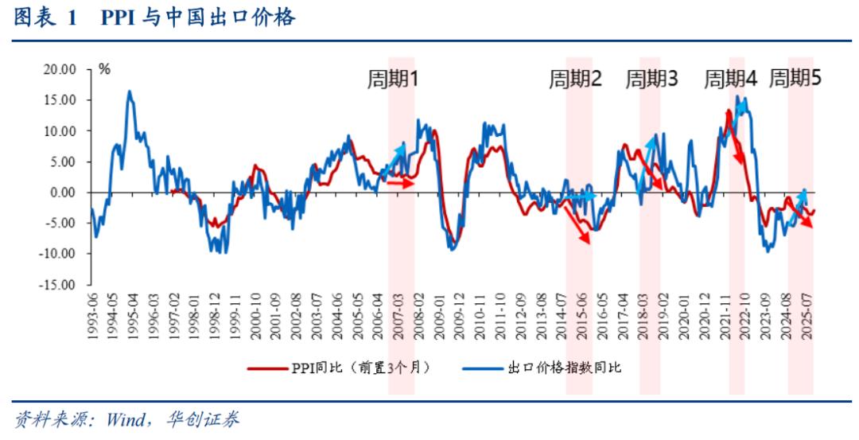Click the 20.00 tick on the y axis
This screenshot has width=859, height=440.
[59, 69]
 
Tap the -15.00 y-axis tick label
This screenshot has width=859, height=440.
[57, 284]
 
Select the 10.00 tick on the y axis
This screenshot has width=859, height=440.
[59, 130]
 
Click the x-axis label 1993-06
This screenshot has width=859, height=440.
[94, 315]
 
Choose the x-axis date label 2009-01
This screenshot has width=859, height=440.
[440, 315]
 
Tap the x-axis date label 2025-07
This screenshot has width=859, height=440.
[807, 315]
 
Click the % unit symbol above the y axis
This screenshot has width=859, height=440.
[104, 69]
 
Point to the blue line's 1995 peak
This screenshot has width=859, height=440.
[130, 92]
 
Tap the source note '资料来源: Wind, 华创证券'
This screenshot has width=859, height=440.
[127, 419]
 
